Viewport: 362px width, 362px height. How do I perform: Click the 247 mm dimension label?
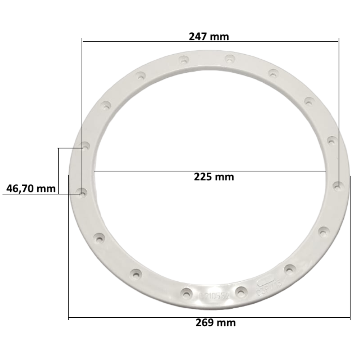point(209,37)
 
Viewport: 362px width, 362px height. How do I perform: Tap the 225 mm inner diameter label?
point(214,176)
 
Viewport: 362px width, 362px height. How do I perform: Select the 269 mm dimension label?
point(215,322)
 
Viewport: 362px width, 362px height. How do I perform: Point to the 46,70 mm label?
point(31,189)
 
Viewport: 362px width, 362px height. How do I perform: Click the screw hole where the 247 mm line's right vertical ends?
point(338,186)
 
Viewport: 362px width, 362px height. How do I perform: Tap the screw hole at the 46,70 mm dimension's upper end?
point(86,146)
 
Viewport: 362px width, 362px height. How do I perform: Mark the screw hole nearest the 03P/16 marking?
point(289,268)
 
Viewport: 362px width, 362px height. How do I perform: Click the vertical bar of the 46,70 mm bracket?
point(58,170)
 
